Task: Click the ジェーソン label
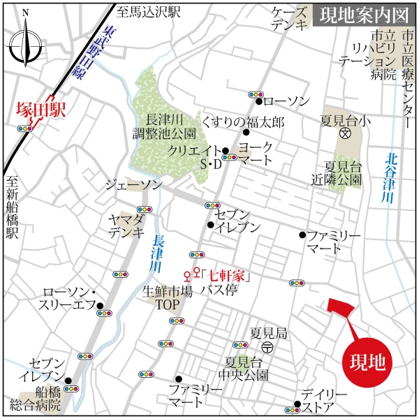[x=133, y=185]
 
